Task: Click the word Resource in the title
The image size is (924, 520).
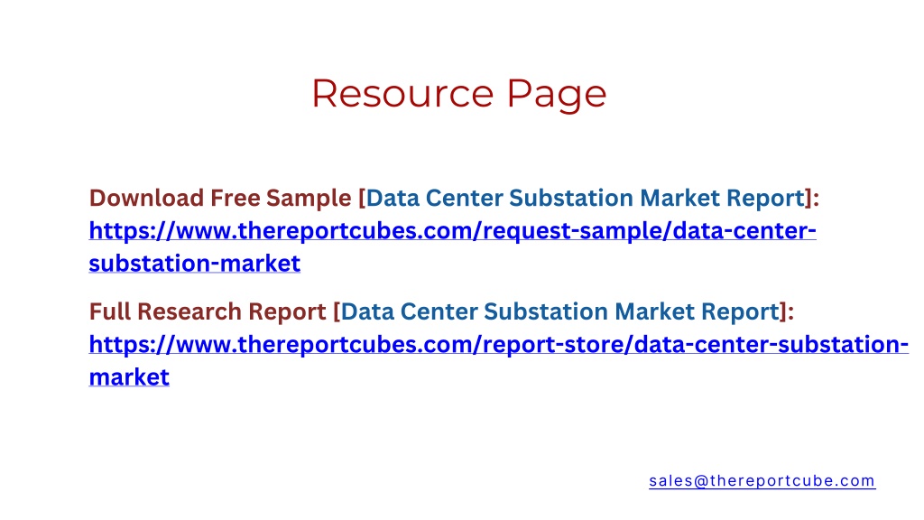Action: pos(402,94)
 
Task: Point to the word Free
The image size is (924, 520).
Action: pos(236,198)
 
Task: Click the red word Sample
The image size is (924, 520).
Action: pos(309,199)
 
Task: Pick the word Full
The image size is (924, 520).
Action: pos(110,311)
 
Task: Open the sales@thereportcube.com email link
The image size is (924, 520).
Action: pos(762,480)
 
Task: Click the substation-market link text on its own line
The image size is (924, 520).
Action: pos(195,263)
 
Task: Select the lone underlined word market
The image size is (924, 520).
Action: pos(129,376)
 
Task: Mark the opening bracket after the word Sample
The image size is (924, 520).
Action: pos(362,199)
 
